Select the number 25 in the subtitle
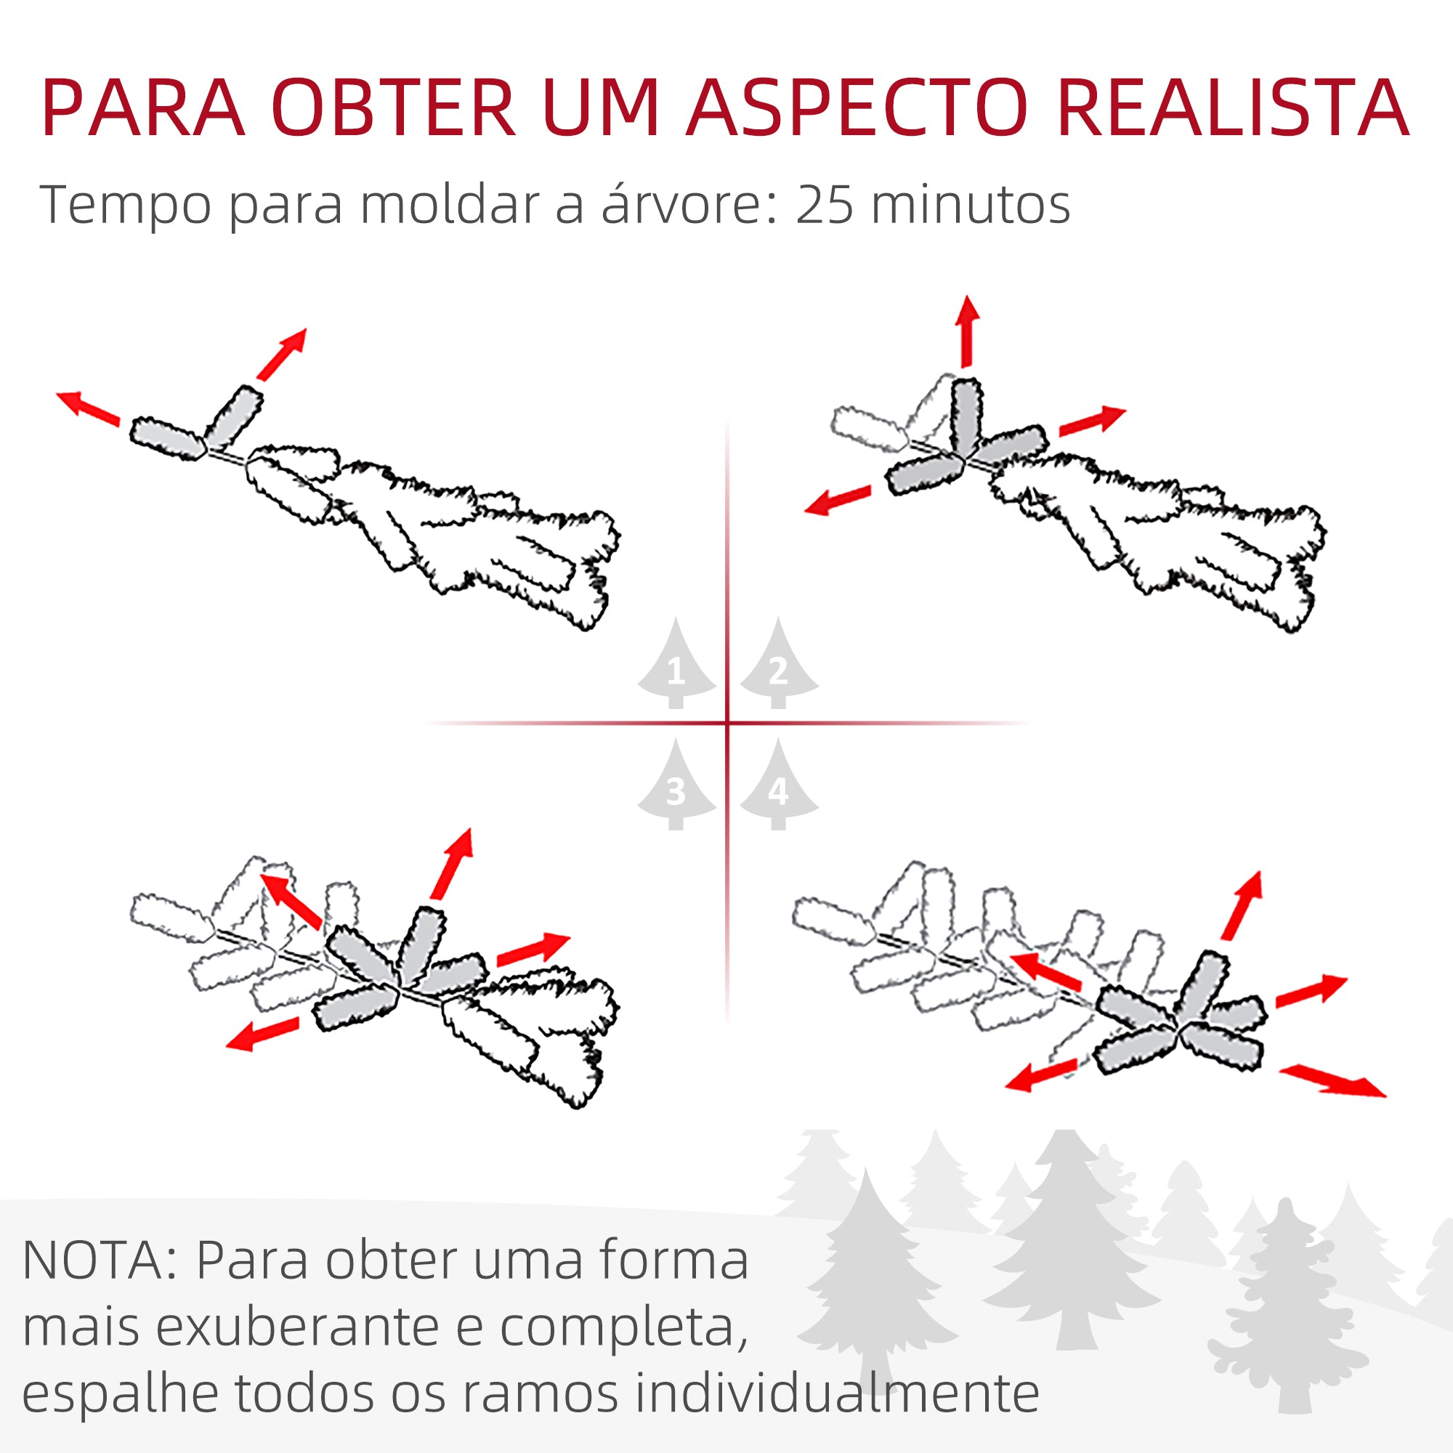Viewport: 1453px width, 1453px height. [825, 205]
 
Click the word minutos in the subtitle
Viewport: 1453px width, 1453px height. [970, 205]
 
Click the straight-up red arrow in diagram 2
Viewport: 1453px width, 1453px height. [967, 331]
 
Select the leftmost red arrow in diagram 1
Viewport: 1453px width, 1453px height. [89, 408]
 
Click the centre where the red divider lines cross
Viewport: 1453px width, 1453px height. [727, 724]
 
